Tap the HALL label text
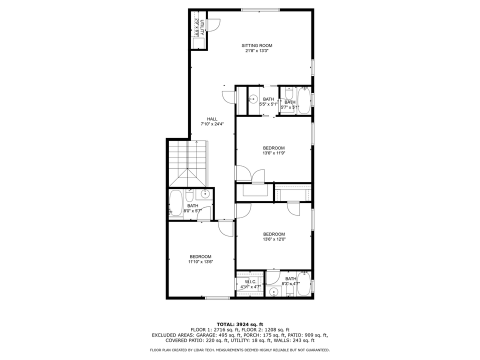[212, 118]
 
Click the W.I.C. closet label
[250, 281]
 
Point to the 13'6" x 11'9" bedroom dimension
[273, 153]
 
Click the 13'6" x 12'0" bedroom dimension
[273, 239]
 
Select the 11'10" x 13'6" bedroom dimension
[200, 261]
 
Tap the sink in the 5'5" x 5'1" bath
[253, 99]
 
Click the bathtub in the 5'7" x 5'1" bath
[303, 100]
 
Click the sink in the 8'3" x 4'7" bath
[273, 292]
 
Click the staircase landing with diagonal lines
[189, 177]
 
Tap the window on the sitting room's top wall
[260, 9]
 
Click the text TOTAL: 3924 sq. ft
[239, 324]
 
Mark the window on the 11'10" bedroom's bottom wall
[217, 298]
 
